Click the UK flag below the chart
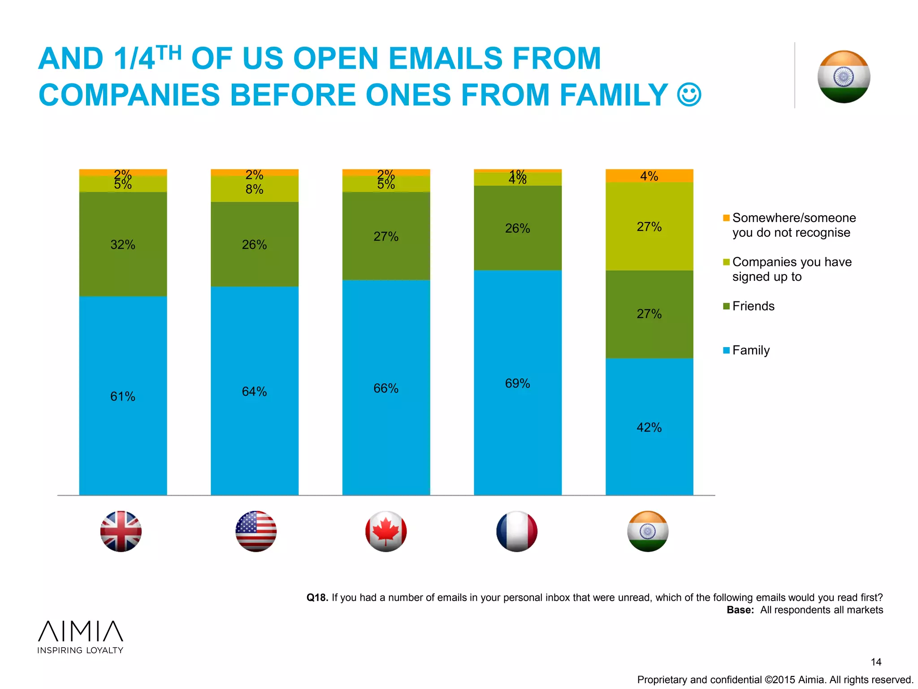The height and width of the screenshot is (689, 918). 121,531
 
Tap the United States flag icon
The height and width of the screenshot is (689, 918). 256,531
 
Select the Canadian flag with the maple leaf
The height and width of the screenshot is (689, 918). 386,531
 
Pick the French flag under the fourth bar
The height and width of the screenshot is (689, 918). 517,531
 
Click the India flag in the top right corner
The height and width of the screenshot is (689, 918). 844,77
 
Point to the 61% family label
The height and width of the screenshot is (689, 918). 123,397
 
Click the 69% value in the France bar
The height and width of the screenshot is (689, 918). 517,384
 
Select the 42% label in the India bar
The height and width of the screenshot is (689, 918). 649,427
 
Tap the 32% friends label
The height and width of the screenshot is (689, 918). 123,244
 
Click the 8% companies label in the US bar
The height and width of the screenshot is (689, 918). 254,189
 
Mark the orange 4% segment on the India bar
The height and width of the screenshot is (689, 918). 649,176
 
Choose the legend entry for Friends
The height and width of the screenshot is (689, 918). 753,306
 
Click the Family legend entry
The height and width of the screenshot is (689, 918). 751,350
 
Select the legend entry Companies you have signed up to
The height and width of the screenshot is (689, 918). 791,269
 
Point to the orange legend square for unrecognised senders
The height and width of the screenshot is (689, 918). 726,218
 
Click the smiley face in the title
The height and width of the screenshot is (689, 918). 689,95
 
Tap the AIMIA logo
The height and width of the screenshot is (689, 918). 80,637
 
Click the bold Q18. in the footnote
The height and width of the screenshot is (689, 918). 317,597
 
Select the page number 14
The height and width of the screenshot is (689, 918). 876,662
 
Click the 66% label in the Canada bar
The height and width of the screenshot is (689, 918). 386,388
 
